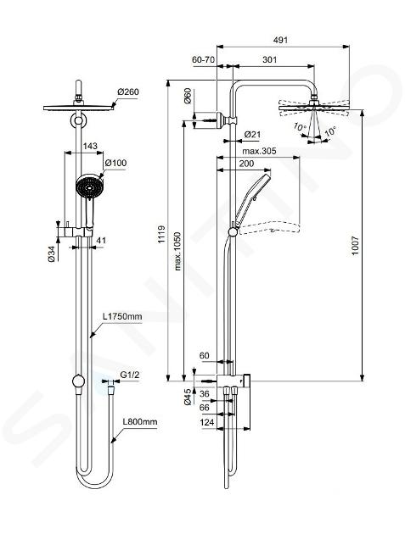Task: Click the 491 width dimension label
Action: click(281, 40)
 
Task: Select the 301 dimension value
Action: click(269, 59)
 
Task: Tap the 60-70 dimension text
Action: click(204, 59)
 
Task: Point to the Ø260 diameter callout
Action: click(128, 92)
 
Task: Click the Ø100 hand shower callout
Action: click(115, 163)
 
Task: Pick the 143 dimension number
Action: click(90, 146)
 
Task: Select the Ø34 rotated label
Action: click(52, 253)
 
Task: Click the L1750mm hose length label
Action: click(122, 316)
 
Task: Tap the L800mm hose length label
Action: click(140, 421)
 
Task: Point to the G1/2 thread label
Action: click(130, 375)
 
